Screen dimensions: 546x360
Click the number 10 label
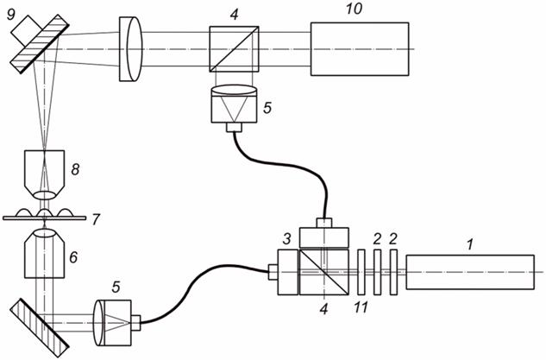(355, 9)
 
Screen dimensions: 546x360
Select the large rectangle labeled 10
(360, 49)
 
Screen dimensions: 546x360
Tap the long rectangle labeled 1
(470, 272)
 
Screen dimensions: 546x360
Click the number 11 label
(361, 307)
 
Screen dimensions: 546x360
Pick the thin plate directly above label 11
(361, 272)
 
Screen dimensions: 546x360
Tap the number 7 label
(96, 220)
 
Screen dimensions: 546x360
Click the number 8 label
(75, 169)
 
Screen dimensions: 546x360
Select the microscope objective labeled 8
(45, 175)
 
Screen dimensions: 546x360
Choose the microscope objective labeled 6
(45, 252)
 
